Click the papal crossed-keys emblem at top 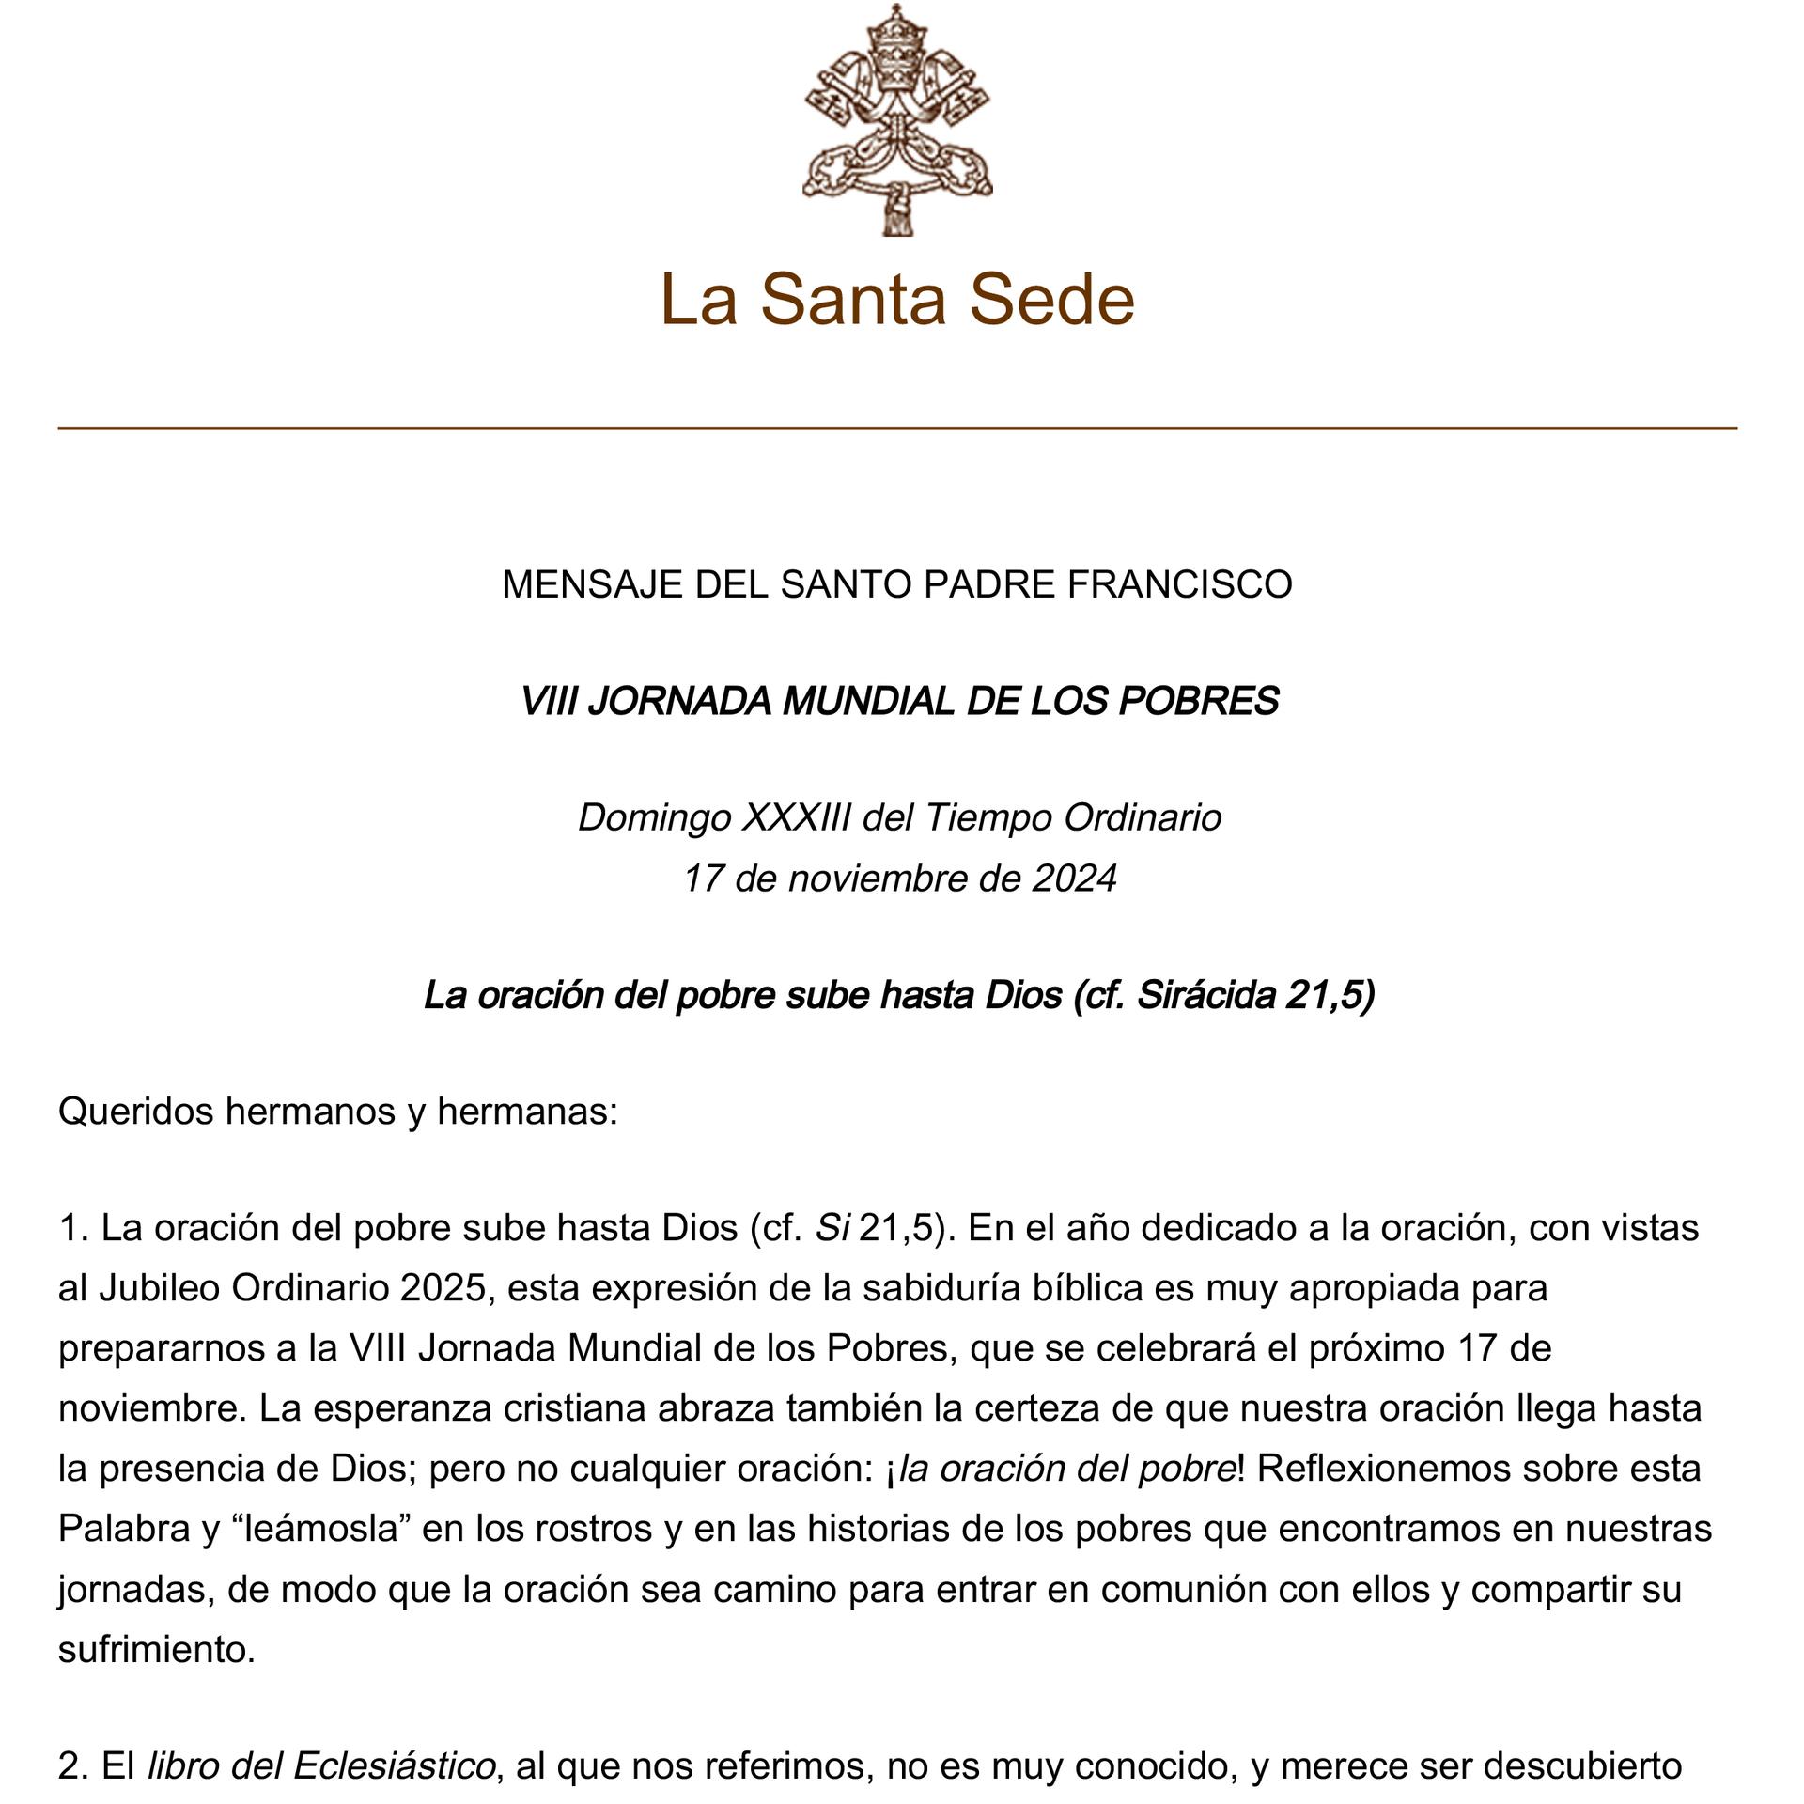897,120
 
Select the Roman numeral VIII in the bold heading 549,702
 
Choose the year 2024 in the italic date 1074,879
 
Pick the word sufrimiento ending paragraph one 156,1649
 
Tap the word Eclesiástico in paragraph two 394,1766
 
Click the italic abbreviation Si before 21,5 832,1228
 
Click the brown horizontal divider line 897,428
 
